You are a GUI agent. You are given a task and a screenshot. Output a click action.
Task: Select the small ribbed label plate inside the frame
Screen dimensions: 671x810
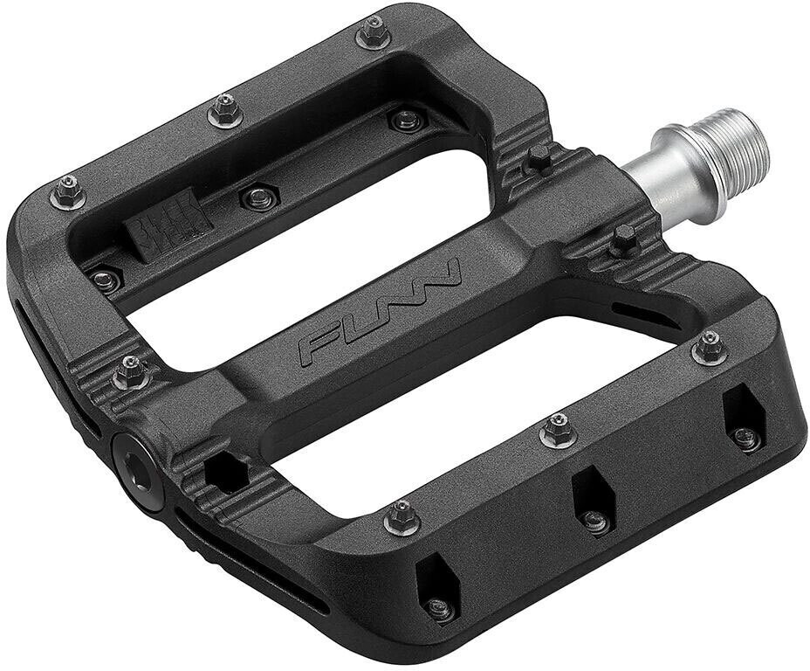(x=169, y=225)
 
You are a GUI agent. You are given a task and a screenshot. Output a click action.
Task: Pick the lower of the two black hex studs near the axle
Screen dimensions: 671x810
(x=625, y=239)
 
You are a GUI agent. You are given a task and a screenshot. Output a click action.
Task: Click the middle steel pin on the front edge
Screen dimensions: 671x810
(x=558, y=430)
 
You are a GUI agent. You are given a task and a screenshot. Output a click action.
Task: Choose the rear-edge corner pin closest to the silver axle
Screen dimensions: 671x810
(x=372, y=33)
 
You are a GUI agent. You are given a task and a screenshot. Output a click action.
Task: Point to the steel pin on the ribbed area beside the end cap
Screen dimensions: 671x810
(x=130, y=372)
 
